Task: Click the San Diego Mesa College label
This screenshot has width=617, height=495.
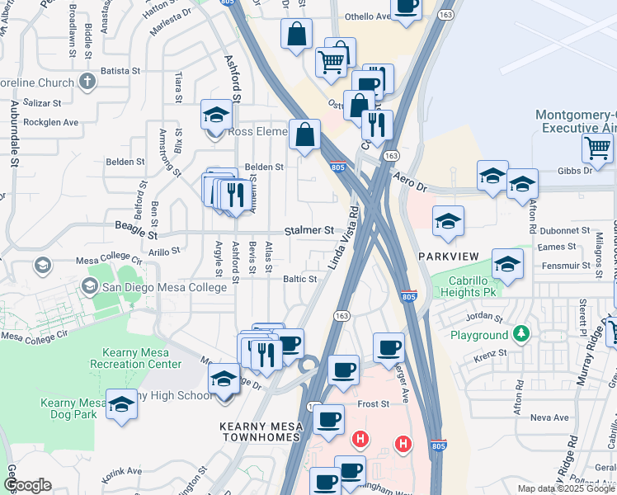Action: pos(163,287)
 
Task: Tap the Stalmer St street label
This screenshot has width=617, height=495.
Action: pos(309,230)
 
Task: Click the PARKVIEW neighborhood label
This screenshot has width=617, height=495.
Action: pos(448,257)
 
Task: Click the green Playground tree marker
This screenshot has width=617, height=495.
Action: pos(520,335)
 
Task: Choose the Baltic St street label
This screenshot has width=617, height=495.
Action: pos(300,280)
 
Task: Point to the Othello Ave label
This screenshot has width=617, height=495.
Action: pos(366,16)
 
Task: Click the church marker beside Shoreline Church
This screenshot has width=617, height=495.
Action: pos(87,82)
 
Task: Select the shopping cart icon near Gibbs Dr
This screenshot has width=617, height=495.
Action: pos(597,148)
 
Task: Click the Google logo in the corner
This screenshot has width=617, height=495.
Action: pos(28,485)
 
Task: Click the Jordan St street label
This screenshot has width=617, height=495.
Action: pos(483,317)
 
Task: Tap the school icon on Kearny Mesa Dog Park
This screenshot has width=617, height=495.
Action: pos(122,403)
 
